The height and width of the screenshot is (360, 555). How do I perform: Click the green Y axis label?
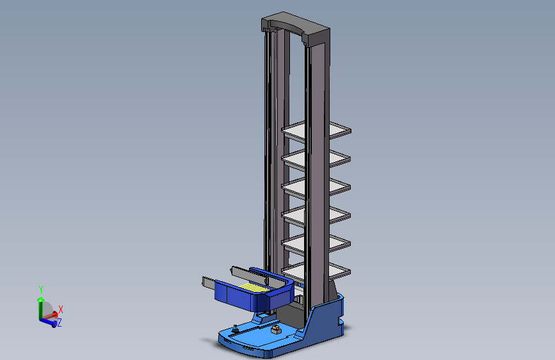point(41,290)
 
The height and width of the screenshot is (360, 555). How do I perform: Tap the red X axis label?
point(61,309)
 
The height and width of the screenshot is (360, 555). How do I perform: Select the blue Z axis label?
point(60,322)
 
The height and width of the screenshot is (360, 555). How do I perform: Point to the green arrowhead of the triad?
point(41,300)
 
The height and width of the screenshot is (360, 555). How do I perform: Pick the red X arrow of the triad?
point(49,315)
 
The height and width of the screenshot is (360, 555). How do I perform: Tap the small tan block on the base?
point(276,330)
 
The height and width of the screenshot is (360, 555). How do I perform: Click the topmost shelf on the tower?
point(316,131)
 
